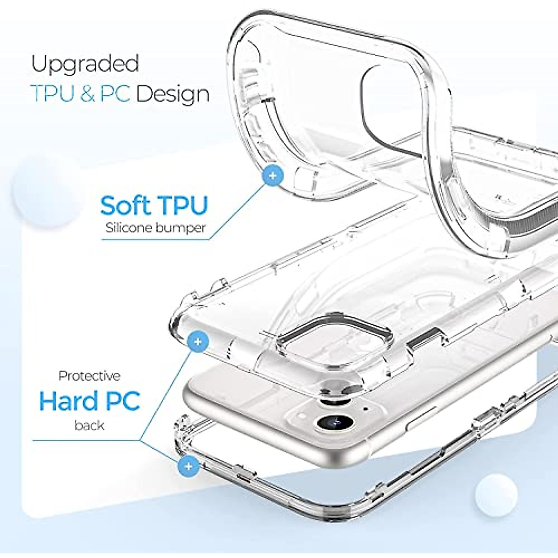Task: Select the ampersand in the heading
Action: click(x=87, y=94)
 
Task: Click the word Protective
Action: click(x=89, y=376)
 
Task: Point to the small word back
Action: click(x=89, y=425)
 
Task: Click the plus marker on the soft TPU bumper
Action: click(x=273, y=176)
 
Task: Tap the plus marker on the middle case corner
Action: click(x=198, y=342)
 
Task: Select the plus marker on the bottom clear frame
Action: click(x=188, y=465)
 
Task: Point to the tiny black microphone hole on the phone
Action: click(x=365, y=409)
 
